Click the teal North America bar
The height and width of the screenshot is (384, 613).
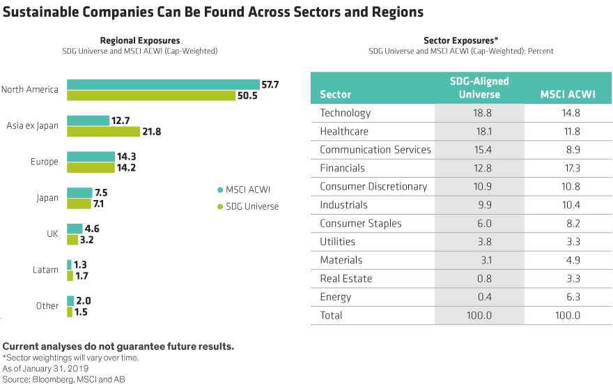coord(162,84)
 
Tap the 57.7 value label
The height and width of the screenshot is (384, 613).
coord(270,84)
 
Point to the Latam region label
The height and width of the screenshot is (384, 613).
coord(45,270)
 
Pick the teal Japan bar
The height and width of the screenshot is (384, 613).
coord(79,192)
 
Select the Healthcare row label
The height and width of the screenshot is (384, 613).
coord(344,131)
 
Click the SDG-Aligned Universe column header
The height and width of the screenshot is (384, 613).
coord(479,87)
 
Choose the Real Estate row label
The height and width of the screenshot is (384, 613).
coord(346,279)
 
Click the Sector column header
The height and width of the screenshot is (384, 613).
coord(335,94)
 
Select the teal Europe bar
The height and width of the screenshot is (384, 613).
coord(91,157)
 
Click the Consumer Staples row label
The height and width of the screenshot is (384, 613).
coord(360,224)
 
